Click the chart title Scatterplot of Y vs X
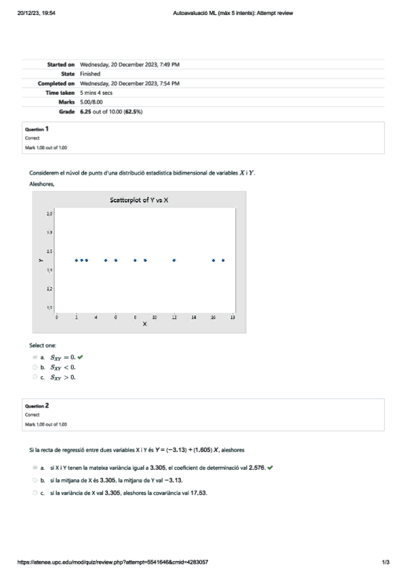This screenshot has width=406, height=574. pyautogui.click(x=139, y=200)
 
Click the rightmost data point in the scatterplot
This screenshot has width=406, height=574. pyautogui.click(x=223, y=260)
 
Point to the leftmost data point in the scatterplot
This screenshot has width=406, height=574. pyautogui.click(x=77, y=260)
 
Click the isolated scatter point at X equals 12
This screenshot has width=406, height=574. pyautogui.click(x=174, y=260)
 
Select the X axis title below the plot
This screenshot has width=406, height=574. pyautogui.click(x=144, y=324)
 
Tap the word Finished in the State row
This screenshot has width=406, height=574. pyautogui.click(x=90, y=73)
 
